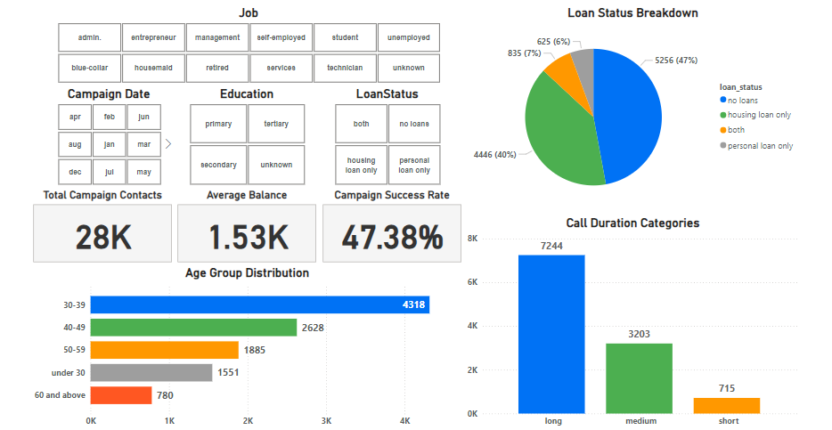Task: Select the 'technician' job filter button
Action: [x=345, y=68]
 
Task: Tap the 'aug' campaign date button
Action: [x=74, y=142]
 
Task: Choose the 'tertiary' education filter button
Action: [x=276, y=124]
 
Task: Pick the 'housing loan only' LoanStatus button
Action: [x=361, y=165]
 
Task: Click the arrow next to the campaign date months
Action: [x=168, y=142]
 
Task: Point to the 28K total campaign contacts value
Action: [x=102, y=236]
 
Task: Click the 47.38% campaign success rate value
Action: [x=392, y=236]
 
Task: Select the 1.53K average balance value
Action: [x=248, y=236]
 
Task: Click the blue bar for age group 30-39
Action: [x=258, y=305]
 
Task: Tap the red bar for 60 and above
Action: [x=121, y=395]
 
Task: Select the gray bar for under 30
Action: [x=151, y=372]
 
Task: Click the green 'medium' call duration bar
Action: [x=639, y=378]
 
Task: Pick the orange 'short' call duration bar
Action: [x=727, y=405]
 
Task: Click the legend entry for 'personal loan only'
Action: [x=760, y=146]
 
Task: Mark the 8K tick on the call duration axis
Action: [x=473, y=239]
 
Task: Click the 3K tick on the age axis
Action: [x=326, y=420]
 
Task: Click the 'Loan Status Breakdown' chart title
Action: [x=632, y=13]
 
